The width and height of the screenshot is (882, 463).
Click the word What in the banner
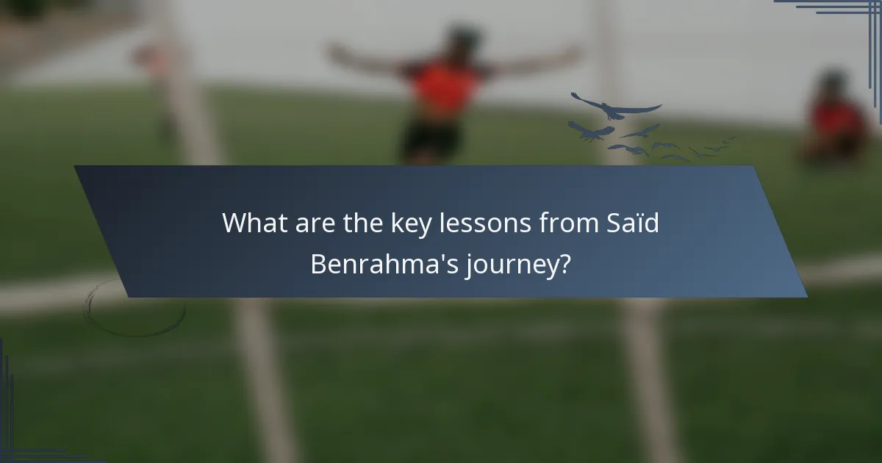tap(251, 223)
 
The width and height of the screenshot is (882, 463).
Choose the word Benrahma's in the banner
tap(383, 264)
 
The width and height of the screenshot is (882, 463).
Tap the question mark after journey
tap(564, 264)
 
